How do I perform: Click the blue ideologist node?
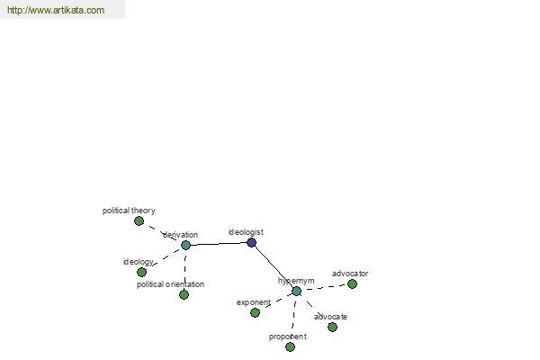pos(252,242)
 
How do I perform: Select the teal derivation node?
pos(185,246)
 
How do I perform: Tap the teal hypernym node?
pos(296,291)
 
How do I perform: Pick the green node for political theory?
pos(139,220)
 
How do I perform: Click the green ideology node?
pos(141,272)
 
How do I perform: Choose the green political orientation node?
pos(184,294)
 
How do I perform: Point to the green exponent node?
pos(255,313)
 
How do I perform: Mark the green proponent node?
pos(291,346)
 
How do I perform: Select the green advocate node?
pos(332,327)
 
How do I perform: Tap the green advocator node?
pos(352,283)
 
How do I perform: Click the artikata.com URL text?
pos(56,10)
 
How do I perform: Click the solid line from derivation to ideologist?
pos(219,244)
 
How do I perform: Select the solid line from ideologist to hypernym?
pos(274,267)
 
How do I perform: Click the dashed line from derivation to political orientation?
pos(184,270)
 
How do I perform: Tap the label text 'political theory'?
pos(129,211)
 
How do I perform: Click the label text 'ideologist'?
pos(246,232)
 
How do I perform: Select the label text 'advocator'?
pos(350,274)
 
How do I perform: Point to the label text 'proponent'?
pos(288,337)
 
